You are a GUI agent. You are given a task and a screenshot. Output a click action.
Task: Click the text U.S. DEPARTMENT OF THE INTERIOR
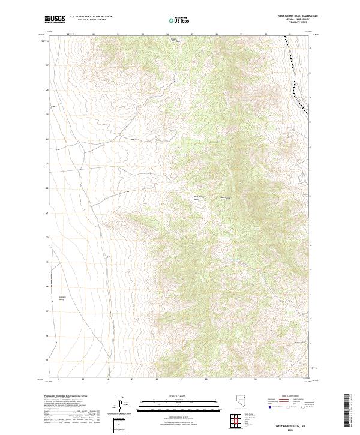coord(91,16)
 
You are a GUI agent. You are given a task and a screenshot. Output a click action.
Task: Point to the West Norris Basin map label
coord(199,197)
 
